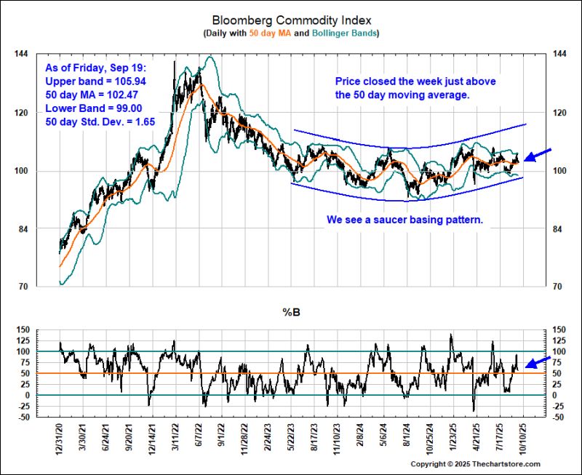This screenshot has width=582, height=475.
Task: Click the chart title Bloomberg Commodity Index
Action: pyautogui.click(x=290, y=20)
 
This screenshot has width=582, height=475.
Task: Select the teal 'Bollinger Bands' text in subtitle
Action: pyautogui.click(x=342, y=33)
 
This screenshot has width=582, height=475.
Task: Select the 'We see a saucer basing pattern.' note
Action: pyautogui.click(x=404, y=218)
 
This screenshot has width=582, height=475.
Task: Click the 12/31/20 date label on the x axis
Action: pyautogui.click(x=60, y=439)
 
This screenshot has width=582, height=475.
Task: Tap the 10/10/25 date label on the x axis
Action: pyautogui.click(x=522, y=439)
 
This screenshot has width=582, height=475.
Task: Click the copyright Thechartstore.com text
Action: pyautogui.click(x=476, y=464)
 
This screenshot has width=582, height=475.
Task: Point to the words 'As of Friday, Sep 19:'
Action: pyautogui.click(x=84, y=68)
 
